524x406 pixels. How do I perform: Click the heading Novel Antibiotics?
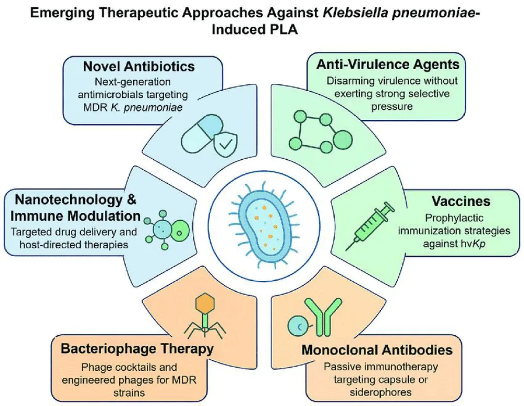point(139,66)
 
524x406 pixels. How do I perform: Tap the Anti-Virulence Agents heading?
point(388,64)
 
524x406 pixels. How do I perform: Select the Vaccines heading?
point(461,201)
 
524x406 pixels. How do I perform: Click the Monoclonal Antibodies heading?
point(377,350)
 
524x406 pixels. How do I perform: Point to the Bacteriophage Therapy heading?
point(137,348)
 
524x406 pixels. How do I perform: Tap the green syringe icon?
point(370,226)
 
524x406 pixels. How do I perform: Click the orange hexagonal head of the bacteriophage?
point(204,303)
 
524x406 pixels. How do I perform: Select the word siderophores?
point(380,392)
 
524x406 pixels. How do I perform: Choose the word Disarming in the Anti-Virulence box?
point(352,81)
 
